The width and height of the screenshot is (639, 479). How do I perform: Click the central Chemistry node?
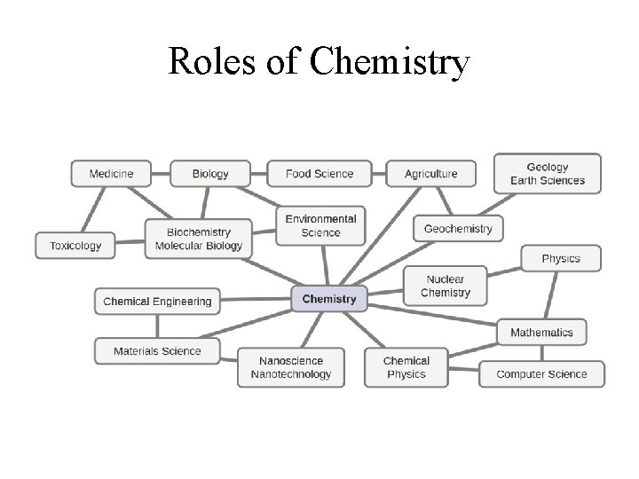tap(328, 299)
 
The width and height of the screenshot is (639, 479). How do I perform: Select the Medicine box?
tap(111, 174)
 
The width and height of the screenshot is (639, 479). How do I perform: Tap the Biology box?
tap(210, 174)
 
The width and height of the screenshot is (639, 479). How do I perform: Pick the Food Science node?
tap(319, 174)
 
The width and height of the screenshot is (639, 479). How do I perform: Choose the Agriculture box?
tap(430, 174)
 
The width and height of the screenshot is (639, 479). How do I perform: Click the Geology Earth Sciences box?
tap(548, 174)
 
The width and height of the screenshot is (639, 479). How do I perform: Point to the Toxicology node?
tap(75, 246)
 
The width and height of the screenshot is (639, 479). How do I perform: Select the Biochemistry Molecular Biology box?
tap(198, 239)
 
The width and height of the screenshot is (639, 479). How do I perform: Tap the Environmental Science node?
tap(320, 226)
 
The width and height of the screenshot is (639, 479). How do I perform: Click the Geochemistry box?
tap(458, 228)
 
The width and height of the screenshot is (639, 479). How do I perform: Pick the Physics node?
tap(561, 258)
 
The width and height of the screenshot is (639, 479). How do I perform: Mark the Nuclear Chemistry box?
tap(446, 287)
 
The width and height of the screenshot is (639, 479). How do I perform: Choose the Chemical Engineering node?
tap(157, 302)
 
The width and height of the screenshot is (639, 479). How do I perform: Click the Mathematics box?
tap(541, 333)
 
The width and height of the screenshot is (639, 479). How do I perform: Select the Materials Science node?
tap(157, 351)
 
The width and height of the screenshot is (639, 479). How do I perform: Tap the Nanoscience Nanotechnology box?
tap(291, 367)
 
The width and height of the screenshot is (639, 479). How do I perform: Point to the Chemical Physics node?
tap(406, 367)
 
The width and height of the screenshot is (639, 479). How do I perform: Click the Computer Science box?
tap(541, 374)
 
